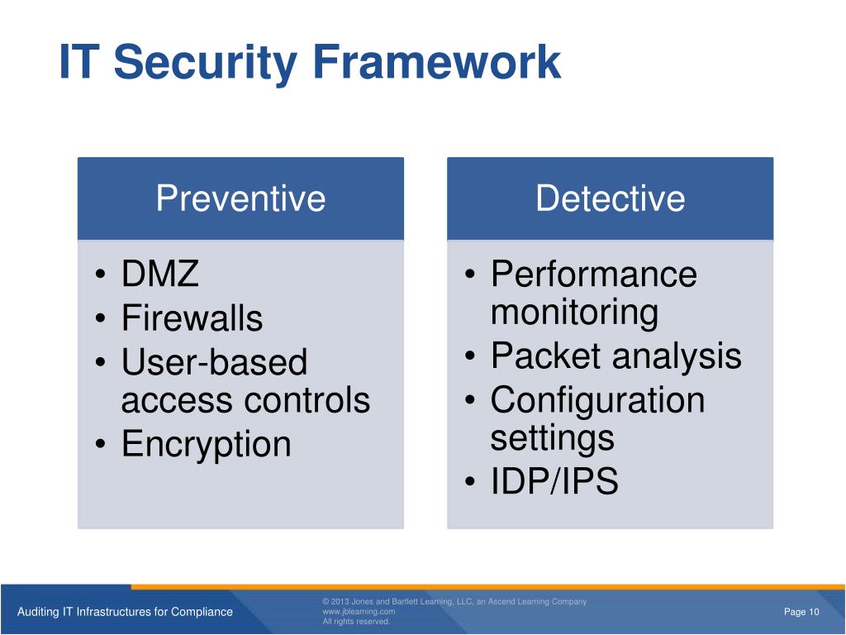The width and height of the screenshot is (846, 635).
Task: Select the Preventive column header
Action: click(x=240, y=198)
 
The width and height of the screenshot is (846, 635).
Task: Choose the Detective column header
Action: click(x=610, y=198)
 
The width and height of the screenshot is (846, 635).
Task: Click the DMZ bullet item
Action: click(x=160, y=275)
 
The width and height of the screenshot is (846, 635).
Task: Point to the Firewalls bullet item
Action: click(x=192, y=318)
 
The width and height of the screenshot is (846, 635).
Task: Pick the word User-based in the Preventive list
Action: click(x=214, y=362)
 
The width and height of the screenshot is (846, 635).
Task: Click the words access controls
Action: click(x=245, y=401)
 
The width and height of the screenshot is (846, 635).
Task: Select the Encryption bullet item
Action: click(x=206, y=444)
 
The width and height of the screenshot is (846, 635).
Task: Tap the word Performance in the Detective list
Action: click(x=594, y=275)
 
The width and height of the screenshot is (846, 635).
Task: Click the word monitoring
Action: click(x=574, y=313)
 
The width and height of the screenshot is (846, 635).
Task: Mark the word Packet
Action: click(x=545, y=356)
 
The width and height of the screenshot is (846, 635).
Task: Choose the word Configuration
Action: click(x=597, y=401)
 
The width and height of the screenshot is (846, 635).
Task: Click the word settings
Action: click(x=552, y=437)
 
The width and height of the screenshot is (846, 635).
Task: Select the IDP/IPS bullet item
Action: click(x=554, y=482)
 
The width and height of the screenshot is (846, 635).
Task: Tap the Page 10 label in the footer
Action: click(x=801, y=612)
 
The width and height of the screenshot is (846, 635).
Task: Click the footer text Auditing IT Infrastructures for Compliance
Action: click(x=125, y=612)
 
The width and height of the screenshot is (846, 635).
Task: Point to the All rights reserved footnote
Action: click(x=356, y=622)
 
